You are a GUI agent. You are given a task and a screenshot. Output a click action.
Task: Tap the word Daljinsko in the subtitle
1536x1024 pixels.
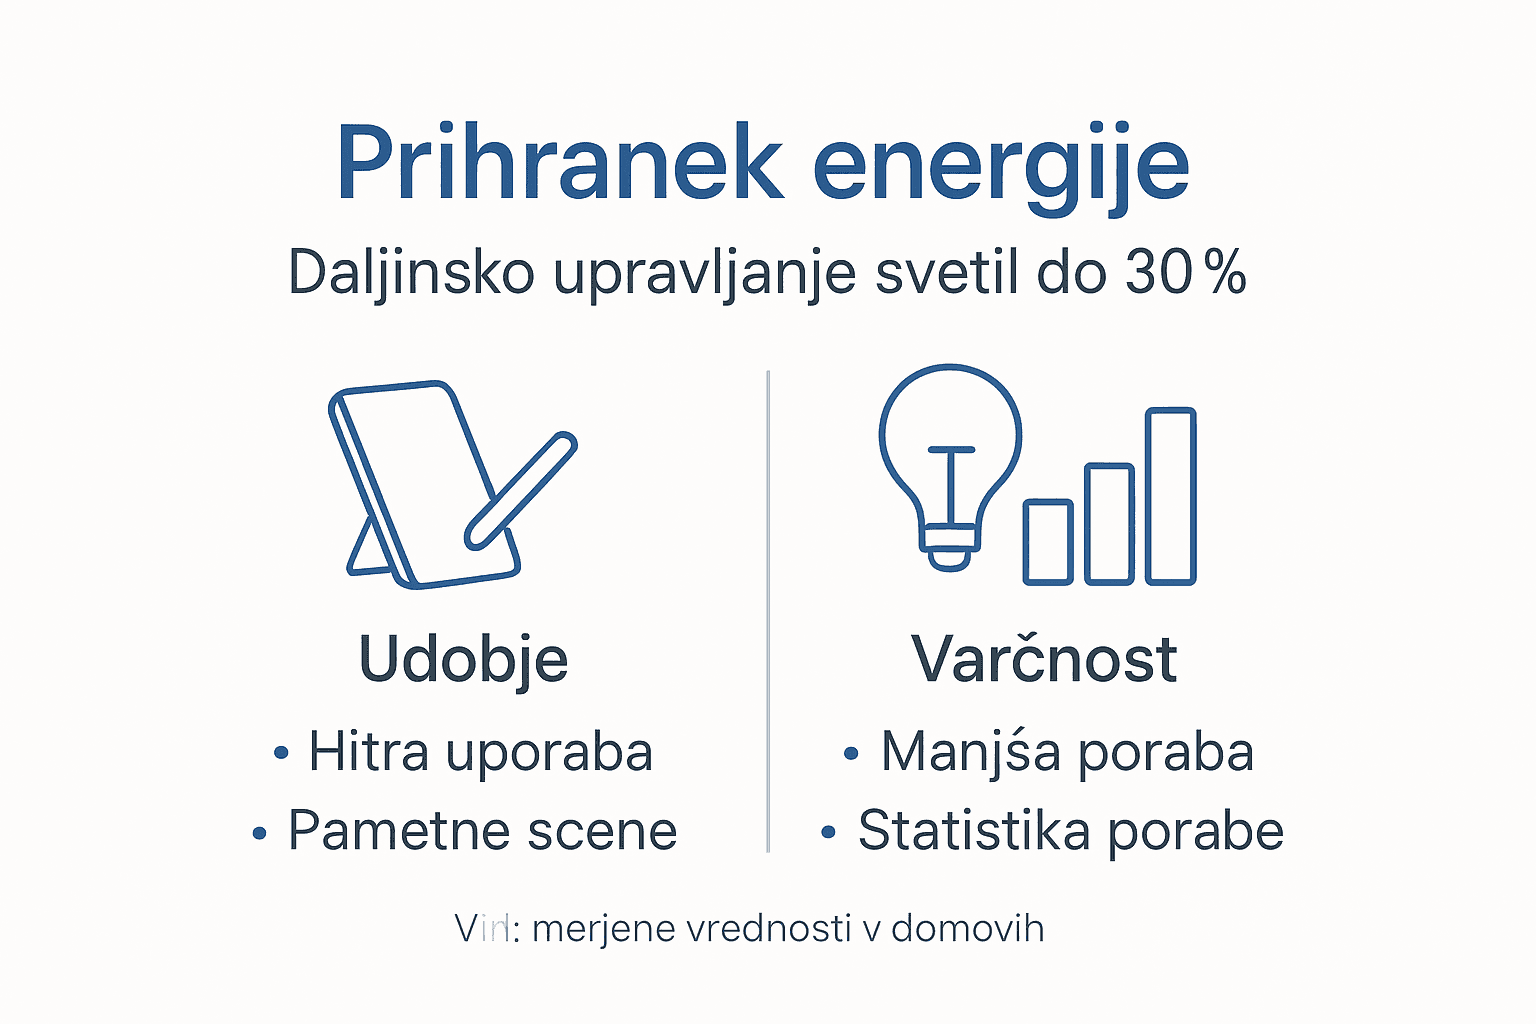click(410, 272)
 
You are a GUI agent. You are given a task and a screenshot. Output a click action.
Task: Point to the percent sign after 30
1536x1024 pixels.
click(1225, 273)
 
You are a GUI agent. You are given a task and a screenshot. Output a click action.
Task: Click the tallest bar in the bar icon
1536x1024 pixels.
click(1170, 496)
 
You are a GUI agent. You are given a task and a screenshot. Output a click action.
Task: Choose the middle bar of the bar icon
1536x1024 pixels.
click(1109, 524)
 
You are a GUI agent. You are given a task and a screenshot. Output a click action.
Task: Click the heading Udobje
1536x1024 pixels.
click(463, 660)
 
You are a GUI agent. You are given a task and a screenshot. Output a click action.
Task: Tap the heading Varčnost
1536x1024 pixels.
click(1044, 660)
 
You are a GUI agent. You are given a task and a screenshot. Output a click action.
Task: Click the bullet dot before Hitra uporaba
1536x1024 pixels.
click(281, 753)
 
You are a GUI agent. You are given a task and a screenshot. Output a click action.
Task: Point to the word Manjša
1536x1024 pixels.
click(970, 752)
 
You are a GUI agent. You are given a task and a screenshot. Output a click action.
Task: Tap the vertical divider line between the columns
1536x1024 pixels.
click(768, 610)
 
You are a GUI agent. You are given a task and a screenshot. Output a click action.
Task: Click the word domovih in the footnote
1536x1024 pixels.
click(967, 929)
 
